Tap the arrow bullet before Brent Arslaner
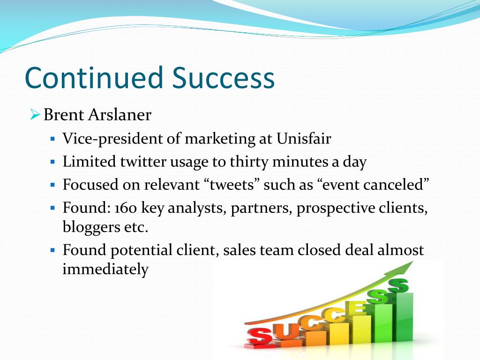coord(35,115)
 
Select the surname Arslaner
coord(120,115)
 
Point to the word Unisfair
coord(304,138)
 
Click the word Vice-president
coord(112,139)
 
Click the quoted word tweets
coord(232,185)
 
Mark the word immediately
coord(105,270)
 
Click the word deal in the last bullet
coord(359,250)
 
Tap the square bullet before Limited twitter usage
coord(52,161)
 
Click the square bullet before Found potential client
coord(52,250)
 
